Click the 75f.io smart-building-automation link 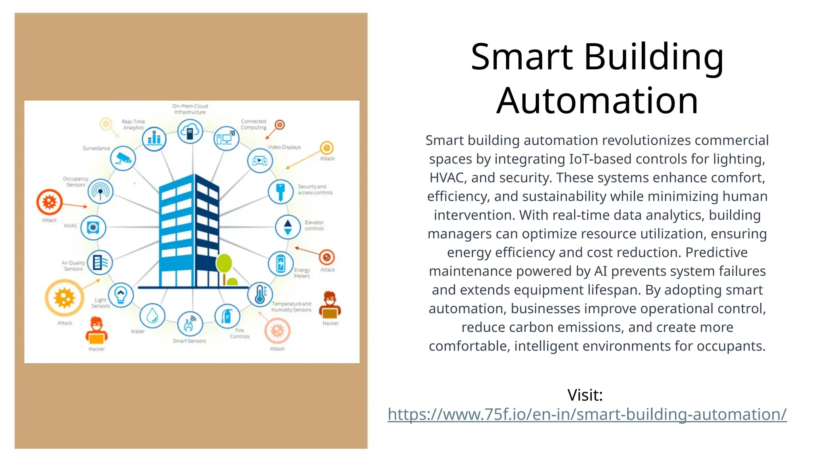coord(587,414)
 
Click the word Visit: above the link coord(585,395)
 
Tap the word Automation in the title coord(597,101)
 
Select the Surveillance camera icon coord(123,158)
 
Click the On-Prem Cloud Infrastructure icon coord(190,131)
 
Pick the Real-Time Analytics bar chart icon coord(154,139)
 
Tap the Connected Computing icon coord(226,138)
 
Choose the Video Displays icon coord(260,160)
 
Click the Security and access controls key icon coord(280,191)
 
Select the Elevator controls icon coord(288,227)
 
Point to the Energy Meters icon coord(281,264)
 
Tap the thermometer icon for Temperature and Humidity coord(260,294)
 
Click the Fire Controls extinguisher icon coord(228,316)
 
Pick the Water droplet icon coord(152,316)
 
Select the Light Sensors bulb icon coord(120,295)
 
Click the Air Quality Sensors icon coord(99,263)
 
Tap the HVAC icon coord(93,228)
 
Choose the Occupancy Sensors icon coord(100,191)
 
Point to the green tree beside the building coord(224,264)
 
